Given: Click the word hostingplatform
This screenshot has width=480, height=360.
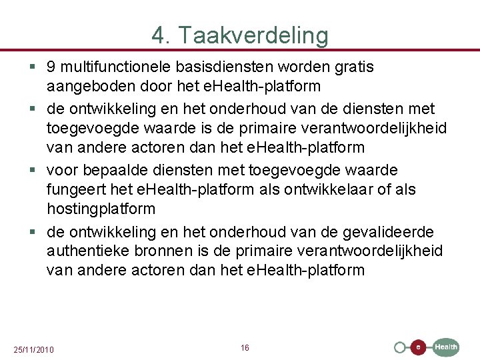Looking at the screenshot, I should pyautogui.click(x=101, y=209).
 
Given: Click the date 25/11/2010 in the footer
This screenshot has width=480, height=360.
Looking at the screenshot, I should pyautogui.click(x=34, y=350).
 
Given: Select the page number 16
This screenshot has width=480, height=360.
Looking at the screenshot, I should pyautogui.click(x=245, y=348).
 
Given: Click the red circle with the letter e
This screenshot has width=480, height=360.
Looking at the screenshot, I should pyautogui.click(x=418, y=347).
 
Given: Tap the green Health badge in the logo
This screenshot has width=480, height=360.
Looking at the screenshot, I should pyautogui.click(x=446, y=347).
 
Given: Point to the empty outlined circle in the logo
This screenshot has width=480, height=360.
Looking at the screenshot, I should pyautogui.click(x=400, y=347).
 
